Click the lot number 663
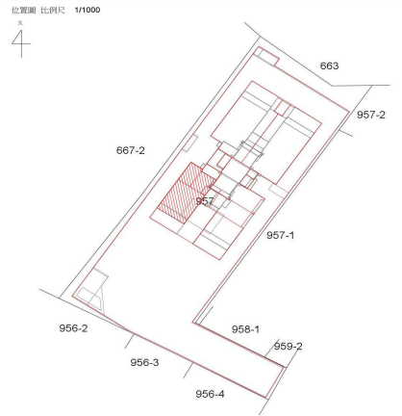click(x=329, y=65)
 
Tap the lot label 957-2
click(x=371, y=115)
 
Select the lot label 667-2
click(x=131, y=150)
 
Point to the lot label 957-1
click(x=280, y=235)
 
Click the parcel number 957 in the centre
click(x=205, y=201)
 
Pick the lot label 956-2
click(x=73, y=328)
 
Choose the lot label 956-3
click(x=144, y=362)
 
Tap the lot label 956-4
click(x=210, y=394)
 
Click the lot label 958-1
click(x=245, y=329)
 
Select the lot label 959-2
click(x=288, y=347)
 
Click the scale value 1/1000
click(x=88, y=10)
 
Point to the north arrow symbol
click(x=21, y=44)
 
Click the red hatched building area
click(x=187, y=192)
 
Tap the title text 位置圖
click(x=23, y=11)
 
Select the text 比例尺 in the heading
click(x=53, y=11)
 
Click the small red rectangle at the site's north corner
click(x=266, y=56)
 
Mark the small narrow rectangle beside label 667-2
click(x=190, y=143)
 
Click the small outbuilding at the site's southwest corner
click(x=93, y=291)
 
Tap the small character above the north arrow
click(x=20, y=23)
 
